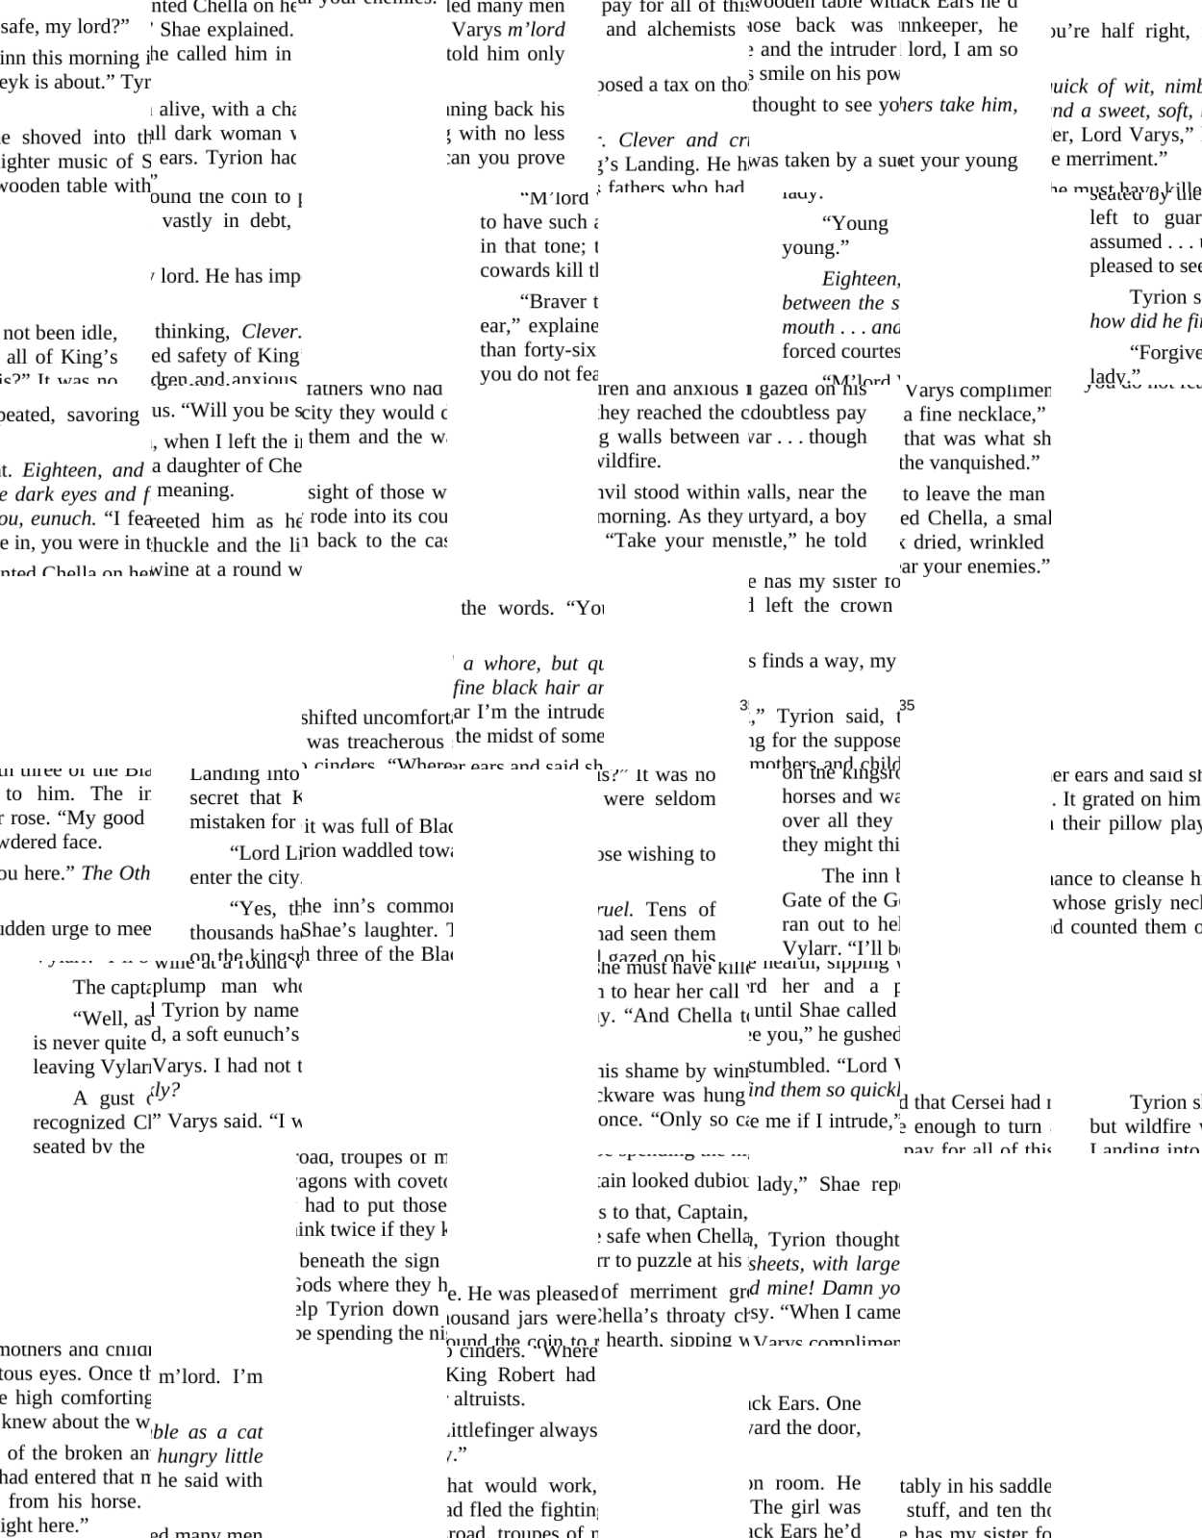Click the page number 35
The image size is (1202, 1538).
907,705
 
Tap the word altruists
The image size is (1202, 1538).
489,1399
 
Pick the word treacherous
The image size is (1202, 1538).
375,742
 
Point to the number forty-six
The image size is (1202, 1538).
561,349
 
